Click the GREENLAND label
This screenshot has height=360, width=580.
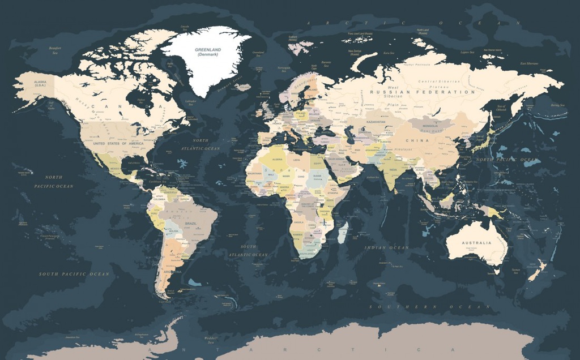point(208,50)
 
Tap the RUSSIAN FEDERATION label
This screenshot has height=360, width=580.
point(423,92)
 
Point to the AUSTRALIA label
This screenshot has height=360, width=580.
point(476,243)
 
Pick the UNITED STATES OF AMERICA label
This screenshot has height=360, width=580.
point(117,144)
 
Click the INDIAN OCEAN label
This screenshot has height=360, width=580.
point(386,248)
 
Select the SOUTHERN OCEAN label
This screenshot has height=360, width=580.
point(430,306)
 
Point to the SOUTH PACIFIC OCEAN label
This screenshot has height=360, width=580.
point(74,274)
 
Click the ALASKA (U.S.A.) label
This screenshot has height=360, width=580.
point(40,83)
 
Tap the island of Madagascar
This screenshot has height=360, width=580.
point(343,232)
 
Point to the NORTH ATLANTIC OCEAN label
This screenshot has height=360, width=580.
point(200,144)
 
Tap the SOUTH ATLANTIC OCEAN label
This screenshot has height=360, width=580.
point(248,251)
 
